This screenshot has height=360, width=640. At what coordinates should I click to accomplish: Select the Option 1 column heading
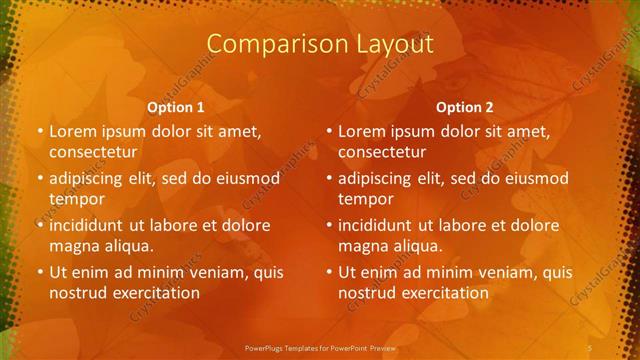click(176, 107)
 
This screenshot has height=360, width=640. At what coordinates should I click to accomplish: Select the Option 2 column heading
click(465, 107)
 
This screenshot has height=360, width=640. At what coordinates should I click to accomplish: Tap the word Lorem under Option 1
click(72, 131)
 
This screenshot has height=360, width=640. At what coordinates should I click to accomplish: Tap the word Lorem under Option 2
click(361, 131)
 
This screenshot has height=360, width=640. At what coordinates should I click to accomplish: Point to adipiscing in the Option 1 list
click(90, 178)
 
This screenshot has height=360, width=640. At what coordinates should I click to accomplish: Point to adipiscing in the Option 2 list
click(379, 178)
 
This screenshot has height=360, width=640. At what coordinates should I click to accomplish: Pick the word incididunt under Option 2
click(379, 225)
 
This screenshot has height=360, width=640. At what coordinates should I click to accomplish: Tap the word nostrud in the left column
click(77, 293)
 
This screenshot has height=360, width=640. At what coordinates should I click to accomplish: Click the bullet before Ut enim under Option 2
click(328, 272)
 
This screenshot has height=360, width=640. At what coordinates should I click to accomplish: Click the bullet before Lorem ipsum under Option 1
click(39, 131)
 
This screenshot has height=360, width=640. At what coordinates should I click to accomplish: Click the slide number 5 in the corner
click(590, 346)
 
